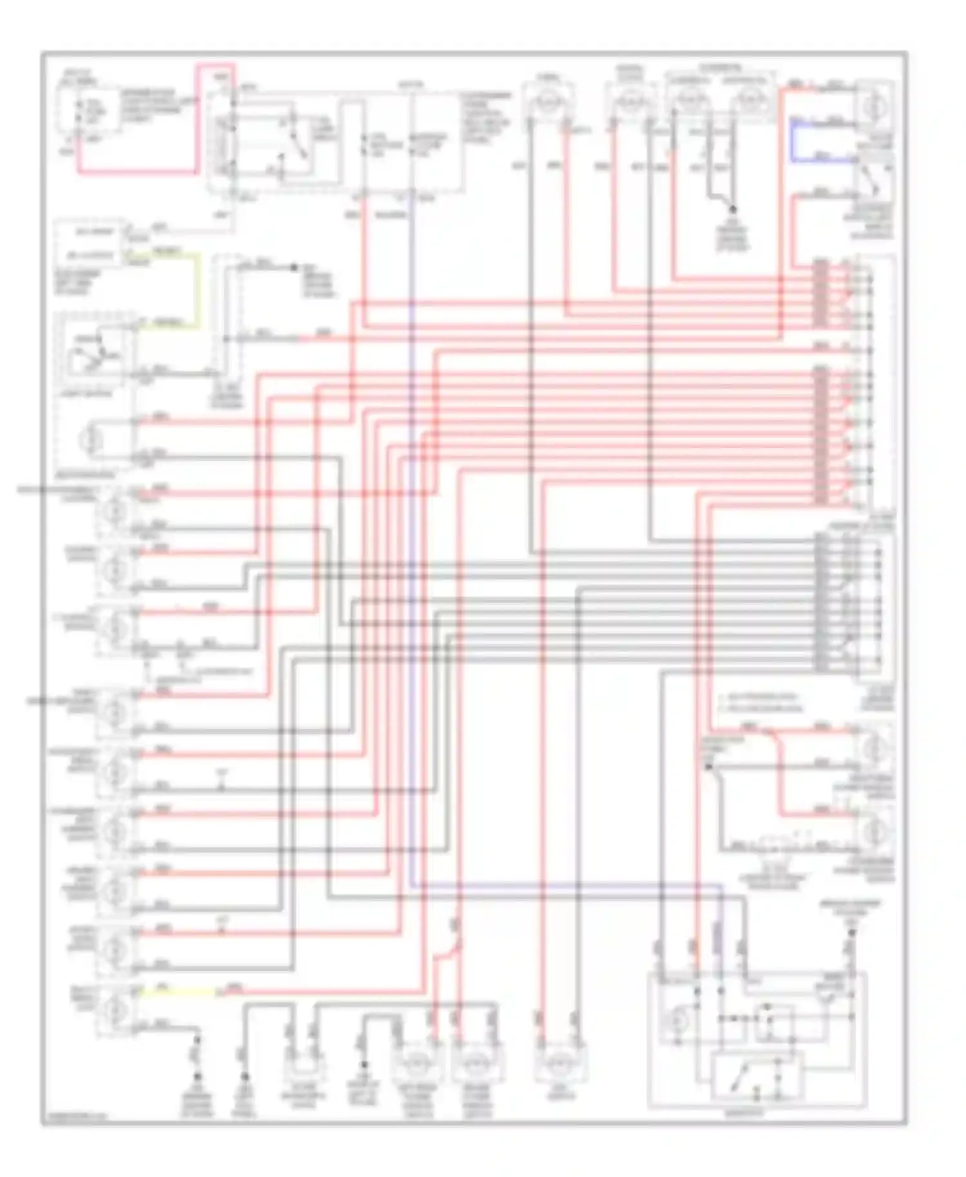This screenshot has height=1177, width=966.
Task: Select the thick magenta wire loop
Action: [196, 119]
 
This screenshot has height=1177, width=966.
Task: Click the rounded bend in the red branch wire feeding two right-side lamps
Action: [775, 738]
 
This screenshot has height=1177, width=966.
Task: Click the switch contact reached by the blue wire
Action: [874, 177]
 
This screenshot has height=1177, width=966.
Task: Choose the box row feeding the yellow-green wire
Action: [94, 255]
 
